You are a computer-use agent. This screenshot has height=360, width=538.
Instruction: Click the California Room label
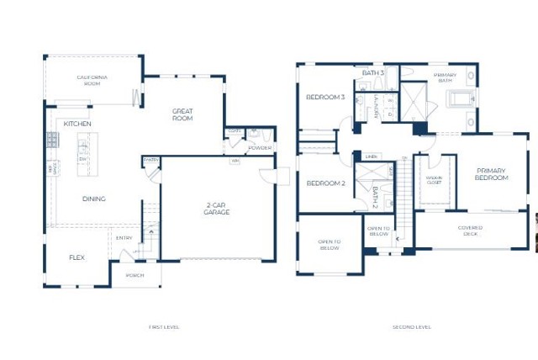click(x=92, y=80)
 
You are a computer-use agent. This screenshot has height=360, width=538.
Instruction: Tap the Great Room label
click(x=182, y=114)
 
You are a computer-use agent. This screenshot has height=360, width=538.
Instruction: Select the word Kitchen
click(x=77, y=124)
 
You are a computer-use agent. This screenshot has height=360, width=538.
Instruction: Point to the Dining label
click(x=93, y=199)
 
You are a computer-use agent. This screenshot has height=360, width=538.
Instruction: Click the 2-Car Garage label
click(x=217, y=209)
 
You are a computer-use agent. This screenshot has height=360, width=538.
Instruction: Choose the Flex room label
click(x=76, y=257)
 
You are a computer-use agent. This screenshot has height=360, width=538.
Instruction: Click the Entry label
click(x=124, y=238)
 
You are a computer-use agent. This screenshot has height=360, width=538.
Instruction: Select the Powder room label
click(x=259, y=148)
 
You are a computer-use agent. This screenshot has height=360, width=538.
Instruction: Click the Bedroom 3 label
click(x=325, y=98)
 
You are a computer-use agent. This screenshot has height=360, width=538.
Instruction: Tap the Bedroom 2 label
click(x=324, y=183)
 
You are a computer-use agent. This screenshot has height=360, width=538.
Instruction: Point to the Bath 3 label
click(x=373, y=73)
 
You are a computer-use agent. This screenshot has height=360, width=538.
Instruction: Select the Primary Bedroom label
click(x=491, y=174)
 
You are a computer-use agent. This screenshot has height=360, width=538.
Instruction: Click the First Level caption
click(x=163, y=326)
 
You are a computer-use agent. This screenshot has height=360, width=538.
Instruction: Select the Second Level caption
click(x=412, y=326)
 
